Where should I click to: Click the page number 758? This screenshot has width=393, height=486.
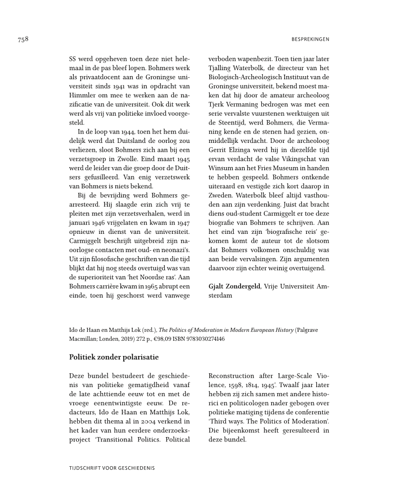click(x=23, y=39)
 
